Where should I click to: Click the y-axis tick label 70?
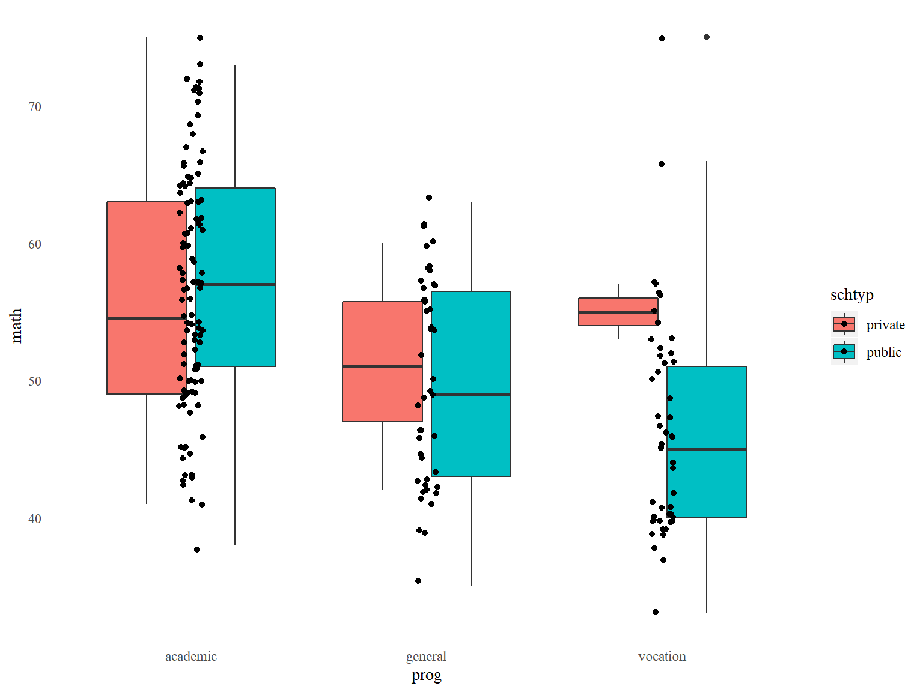point(35,107)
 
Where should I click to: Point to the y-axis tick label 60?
point(35,244)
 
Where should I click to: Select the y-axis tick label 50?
point(35,381)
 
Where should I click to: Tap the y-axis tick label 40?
point(35,519)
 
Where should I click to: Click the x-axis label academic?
point(191,657)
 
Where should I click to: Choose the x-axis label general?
point(426,657)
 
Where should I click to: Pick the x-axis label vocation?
point(662,657)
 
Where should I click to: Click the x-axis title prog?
point(426,675)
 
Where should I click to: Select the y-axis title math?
point(16,326)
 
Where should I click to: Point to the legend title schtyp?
point(851,295)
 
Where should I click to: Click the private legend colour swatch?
point(844,324)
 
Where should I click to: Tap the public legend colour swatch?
point(844,352)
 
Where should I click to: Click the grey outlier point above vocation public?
point(707,37)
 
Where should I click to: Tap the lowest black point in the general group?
point(418,581)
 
